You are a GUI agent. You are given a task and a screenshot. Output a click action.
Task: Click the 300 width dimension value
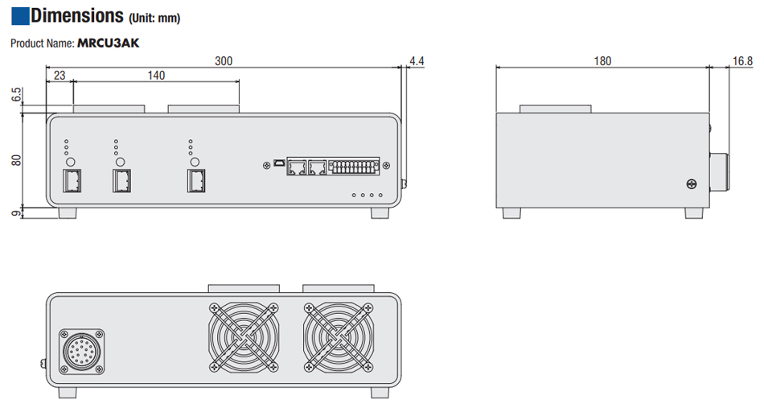click(x=223, y=60)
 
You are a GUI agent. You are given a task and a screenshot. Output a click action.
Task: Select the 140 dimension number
click(x=156, y=76)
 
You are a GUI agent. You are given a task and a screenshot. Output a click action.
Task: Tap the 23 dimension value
click(x=59, y=76)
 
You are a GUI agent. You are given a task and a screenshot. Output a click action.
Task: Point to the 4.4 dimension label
click(x=417, y=60)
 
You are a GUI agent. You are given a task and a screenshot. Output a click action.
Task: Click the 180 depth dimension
click(x=602, y=60)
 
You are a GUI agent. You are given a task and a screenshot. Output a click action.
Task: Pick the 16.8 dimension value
click(x=743, y=60)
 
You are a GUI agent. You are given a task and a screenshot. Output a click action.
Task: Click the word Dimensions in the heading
click(x=77, y=15)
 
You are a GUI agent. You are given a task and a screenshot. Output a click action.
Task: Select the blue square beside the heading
click(x=19, y=14)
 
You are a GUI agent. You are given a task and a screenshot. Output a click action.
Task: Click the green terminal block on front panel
click(x=355, y=167)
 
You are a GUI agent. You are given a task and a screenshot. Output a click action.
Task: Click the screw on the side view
click(x=690, y=184)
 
